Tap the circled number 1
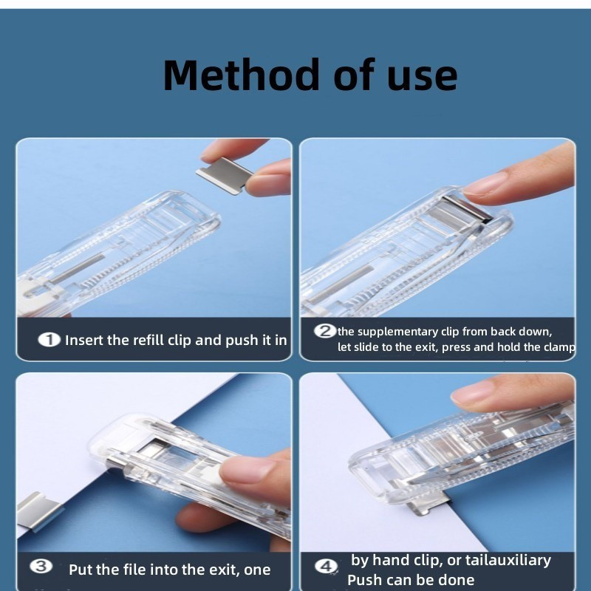[49, 340]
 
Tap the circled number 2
[325, 331]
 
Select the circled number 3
[41, 566]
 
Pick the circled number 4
[326, 566]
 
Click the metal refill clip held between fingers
[225, 176]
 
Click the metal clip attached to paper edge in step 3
[40, 510]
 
